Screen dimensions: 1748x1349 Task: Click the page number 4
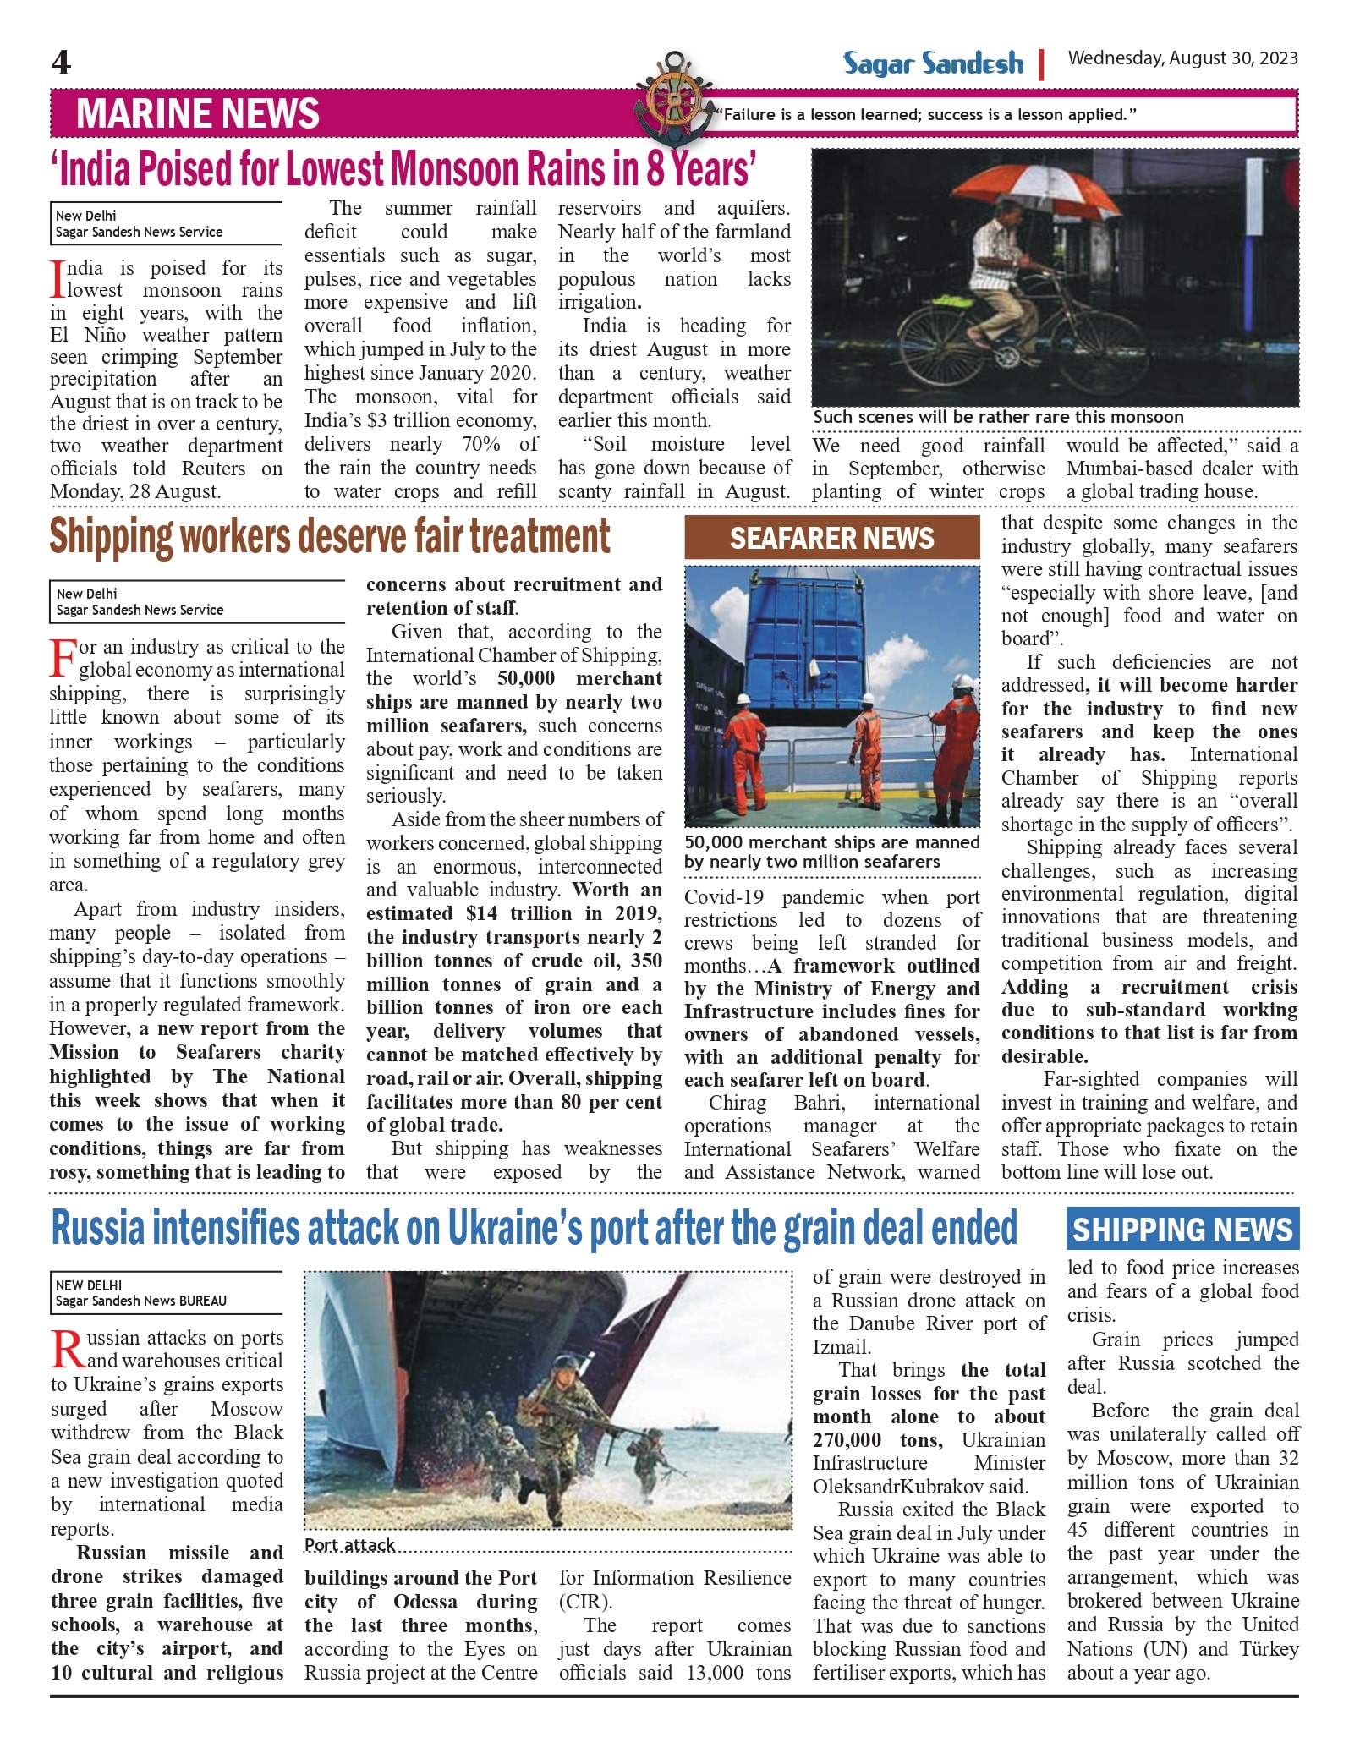[x=61, y=63]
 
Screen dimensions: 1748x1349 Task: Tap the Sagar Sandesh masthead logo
[x=932, y=63]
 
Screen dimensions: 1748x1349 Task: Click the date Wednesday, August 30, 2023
[x=1182, y=58]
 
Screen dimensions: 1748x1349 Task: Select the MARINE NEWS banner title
[x=197, y=113]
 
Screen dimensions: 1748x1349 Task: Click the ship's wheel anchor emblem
[x=673, y=98]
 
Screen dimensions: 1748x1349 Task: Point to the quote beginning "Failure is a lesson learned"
[x=926, y=115]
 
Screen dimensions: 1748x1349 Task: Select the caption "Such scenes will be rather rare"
[x=998, y=417]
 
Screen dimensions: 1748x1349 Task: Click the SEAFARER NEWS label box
[x=831, y=538]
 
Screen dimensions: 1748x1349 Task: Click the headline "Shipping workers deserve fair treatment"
[x=329, y=536]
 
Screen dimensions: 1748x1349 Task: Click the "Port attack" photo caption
[x=349, y=1545]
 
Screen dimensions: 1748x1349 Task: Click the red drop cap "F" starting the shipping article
[x=63, y=658]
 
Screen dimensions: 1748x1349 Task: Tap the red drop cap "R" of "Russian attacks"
[x=68, y=1349]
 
